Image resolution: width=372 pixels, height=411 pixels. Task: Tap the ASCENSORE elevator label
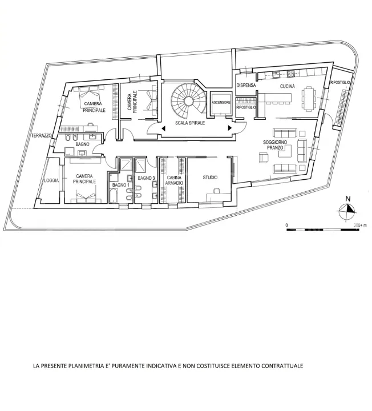click(x=221, y=103)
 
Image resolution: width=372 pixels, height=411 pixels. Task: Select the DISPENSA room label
click(x=246, y=85)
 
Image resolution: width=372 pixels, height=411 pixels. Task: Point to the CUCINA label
click(x=288, y=86)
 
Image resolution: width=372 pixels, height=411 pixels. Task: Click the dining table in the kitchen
click(x=309, y=99)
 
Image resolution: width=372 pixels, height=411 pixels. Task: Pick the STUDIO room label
click(x=210, y=178)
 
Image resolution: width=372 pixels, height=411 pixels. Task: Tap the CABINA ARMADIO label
click(x=174, y=180)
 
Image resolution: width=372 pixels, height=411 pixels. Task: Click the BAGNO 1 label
click(x=121, y=185)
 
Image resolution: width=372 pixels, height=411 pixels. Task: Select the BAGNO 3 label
click(x=146, y=178)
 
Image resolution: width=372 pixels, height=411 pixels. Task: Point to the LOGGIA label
click(x=51, y=180)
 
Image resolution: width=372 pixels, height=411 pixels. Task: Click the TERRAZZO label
click(x=42, y=135)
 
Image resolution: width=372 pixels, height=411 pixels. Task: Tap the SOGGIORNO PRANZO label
click(x=275, y=145)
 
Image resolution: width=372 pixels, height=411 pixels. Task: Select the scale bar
click(x=323, y=229)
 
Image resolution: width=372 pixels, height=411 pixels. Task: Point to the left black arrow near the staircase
click(x=164, y=128)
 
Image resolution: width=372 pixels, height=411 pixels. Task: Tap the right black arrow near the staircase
click(x=230, y=128)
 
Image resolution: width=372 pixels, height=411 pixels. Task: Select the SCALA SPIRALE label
click(x=190, y=123)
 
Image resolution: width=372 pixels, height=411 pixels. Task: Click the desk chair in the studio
click(x=217, y=191)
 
